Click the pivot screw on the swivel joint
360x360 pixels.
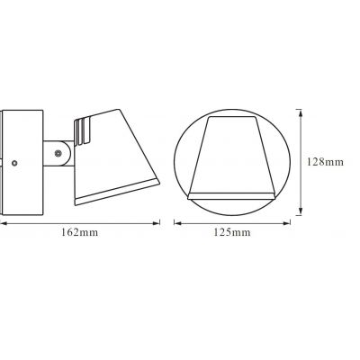click(x=59, y=156)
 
